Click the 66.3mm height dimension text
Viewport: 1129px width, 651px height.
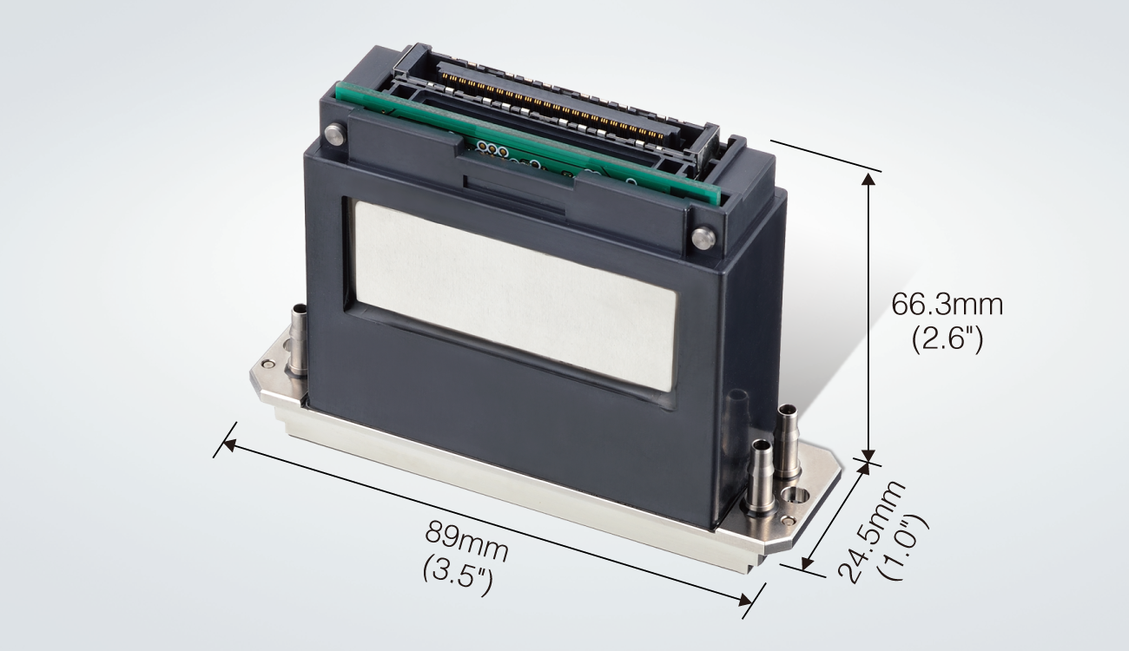[947, 305]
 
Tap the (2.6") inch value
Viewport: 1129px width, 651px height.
[947, 339]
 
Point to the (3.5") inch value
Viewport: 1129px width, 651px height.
[457, 574]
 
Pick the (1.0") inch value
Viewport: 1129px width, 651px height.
[903, 547]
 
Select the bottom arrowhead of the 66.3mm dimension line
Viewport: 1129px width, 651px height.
[867, 448]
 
